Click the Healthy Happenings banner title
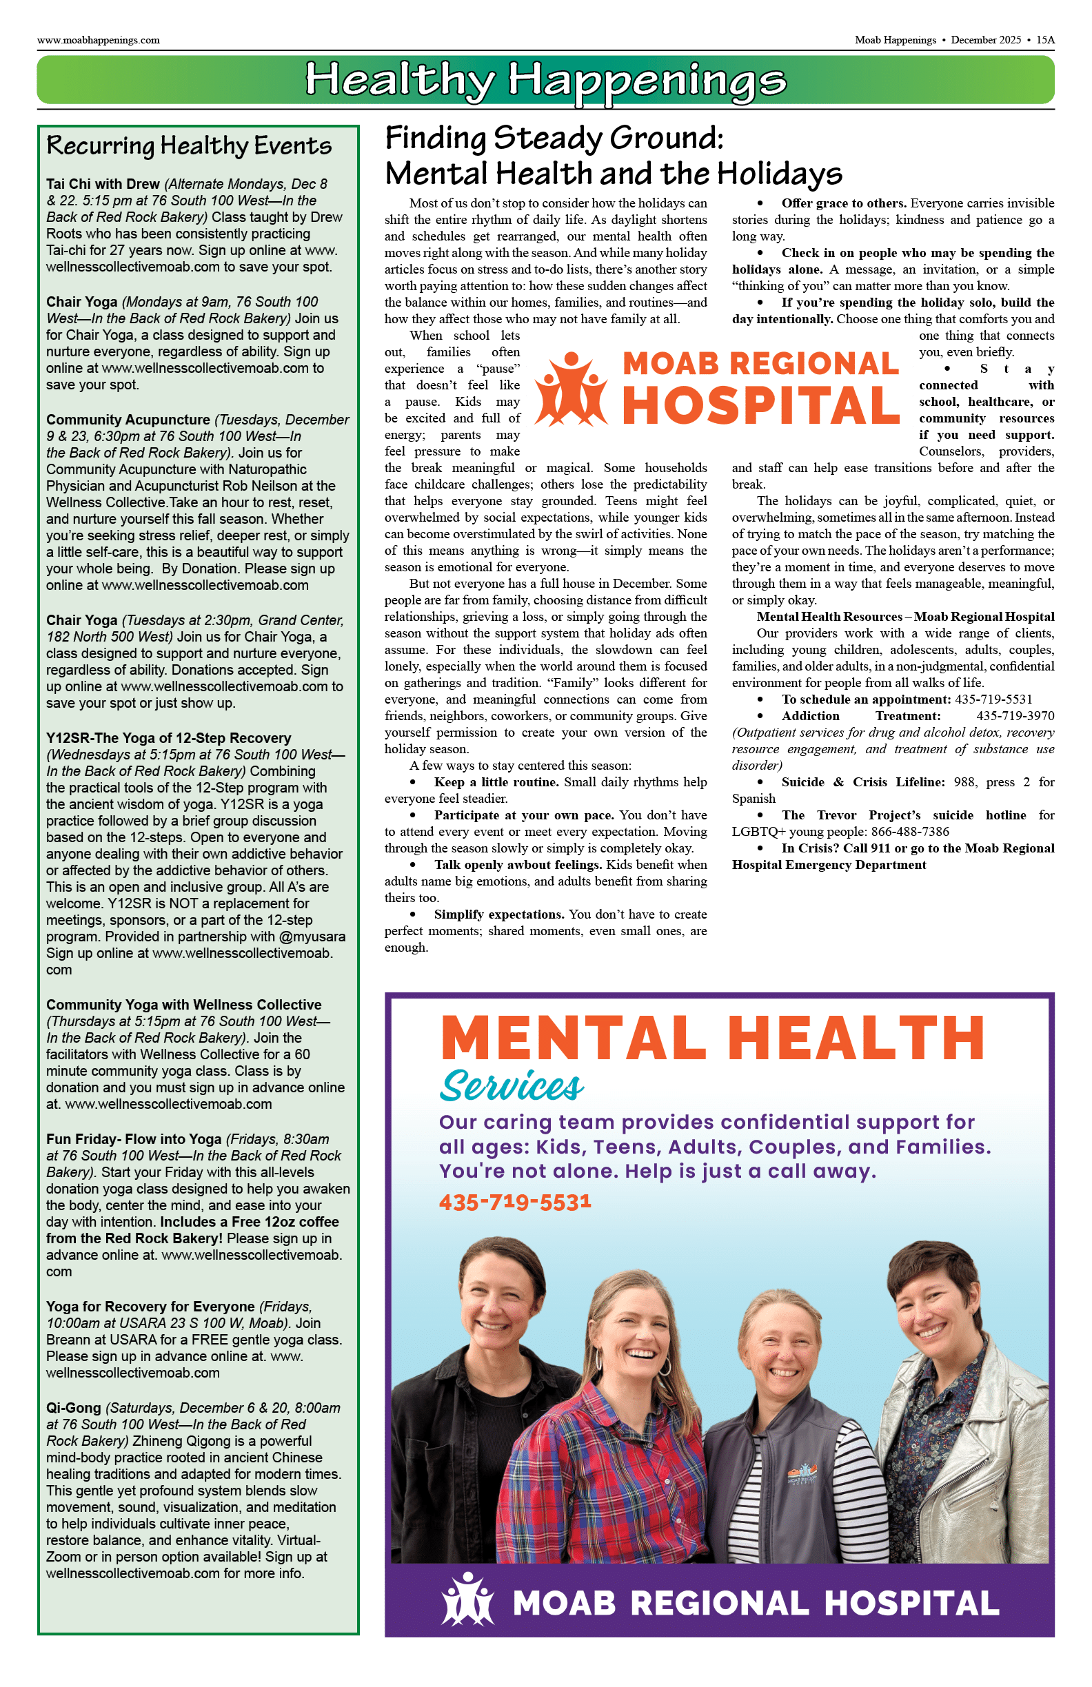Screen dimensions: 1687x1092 pos(545,80)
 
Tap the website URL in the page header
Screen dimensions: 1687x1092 pos(99,41)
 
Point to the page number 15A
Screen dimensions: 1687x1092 pos(1045,41)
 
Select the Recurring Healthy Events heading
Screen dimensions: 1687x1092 pos(189,145)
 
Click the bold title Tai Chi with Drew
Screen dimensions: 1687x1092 pos(103,184)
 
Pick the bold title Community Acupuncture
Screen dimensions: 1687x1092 pos(128,420)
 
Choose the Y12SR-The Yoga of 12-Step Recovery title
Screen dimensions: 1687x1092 pos(169,738)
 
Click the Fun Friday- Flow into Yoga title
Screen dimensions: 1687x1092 pos(133,1139)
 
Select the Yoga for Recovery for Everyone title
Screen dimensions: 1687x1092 pos(150,1307)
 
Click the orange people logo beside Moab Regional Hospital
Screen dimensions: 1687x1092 pos(571,390)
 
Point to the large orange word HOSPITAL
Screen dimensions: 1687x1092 pos(761,406)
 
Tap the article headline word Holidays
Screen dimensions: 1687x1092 pos(778,174)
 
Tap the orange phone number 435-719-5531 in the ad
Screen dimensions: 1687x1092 pos(515,1202)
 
